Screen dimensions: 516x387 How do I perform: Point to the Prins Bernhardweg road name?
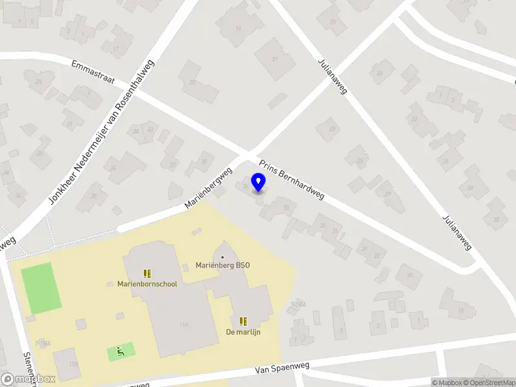click(x=292, y=180)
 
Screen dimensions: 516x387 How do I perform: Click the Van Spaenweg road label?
click(x=282, y=368)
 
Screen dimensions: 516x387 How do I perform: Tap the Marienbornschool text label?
click(x=146, y=284)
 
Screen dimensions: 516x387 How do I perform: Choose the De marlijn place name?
click(x=243, y=332)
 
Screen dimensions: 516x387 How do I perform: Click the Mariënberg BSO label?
click(x=223, y=265)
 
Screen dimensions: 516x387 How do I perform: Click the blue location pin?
click(x=258, y=183)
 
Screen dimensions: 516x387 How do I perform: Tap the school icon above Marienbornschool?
click(x=146, y=273)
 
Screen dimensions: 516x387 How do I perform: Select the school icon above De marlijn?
click(x=243, y=321)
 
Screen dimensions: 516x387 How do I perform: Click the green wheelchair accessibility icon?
click(x=120, y=352)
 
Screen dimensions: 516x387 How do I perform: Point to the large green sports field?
click(x=41, y=288)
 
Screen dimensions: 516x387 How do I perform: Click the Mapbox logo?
click(x=28, y=379)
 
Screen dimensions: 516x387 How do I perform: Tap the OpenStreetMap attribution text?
click(x=489, y=382)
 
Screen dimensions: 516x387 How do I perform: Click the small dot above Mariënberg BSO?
click(x=223, y=257)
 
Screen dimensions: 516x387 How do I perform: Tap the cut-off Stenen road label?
click(x=28, y=368)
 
